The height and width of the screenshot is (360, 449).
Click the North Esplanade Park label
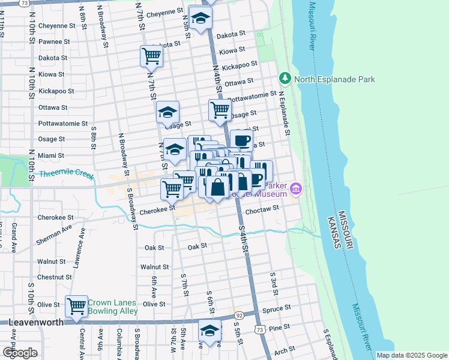pos(334,79)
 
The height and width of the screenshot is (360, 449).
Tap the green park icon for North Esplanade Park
pos(285,79)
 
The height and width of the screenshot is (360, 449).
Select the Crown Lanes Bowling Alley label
pos(113,307)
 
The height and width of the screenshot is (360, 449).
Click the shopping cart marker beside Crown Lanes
pos(77,307)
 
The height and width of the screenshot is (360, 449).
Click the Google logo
pos(20,352)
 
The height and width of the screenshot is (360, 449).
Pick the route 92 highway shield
pos(239,315)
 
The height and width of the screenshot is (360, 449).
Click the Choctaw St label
pos(268,208)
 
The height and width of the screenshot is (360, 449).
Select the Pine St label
pos(279,328)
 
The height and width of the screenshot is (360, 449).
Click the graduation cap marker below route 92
pos(209,332)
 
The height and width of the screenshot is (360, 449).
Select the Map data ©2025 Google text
pos(411,355)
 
